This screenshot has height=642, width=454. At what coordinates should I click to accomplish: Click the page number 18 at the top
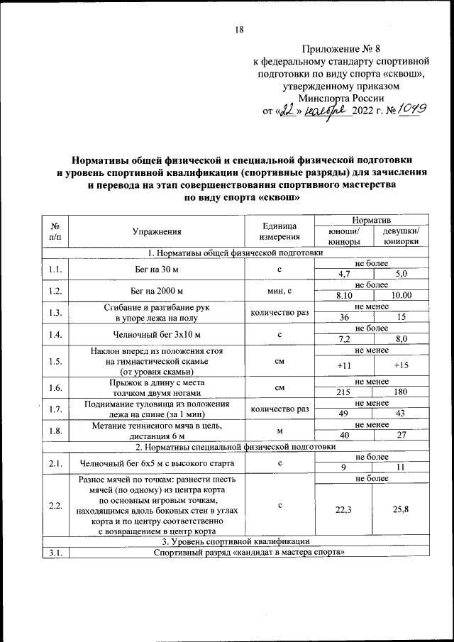239,29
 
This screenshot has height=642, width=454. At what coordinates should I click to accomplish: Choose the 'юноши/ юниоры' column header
344,236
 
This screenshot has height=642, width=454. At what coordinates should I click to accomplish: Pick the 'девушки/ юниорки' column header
401,236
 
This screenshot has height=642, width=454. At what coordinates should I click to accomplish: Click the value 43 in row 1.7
401,413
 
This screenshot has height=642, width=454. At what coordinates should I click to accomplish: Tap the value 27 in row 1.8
401,435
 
